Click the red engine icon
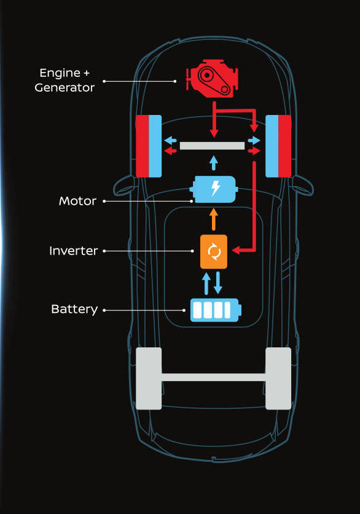pos(212,79)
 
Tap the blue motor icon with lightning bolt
pos(214,189)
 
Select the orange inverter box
pos(214,251)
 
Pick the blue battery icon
pos(216,310)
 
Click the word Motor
pos(77,201)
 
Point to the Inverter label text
pos(73,251)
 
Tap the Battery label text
pos(74,309)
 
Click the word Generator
pos(65,87)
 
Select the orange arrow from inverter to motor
pos(214,219)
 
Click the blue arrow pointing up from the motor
pos(214,162)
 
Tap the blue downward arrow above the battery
pos(218,283)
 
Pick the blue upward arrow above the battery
pos(206,283)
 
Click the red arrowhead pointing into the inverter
pos(237,250)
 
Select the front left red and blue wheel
pos(149,146)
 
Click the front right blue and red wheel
pos(278,146)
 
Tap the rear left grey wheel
pos(149,379)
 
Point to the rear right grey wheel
pos(278,379)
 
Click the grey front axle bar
pos(213,146)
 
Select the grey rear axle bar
pos(213,378)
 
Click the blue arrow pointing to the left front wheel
pos(170,141)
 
